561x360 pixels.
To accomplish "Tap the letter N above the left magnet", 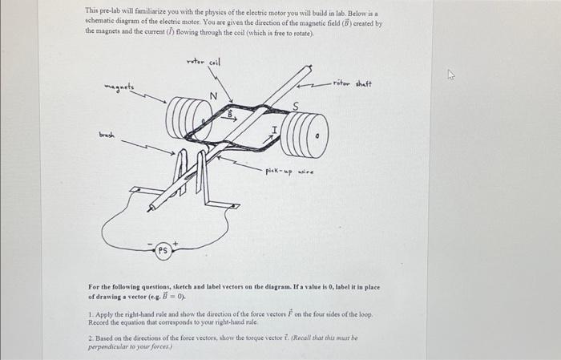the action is [213, 96].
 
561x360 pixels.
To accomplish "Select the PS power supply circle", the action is [162, 250].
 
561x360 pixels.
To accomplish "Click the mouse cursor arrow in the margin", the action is [450, 76].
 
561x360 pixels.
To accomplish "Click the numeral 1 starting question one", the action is [91, 315].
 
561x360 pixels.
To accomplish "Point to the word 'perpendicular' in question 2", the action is [109, 346].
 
